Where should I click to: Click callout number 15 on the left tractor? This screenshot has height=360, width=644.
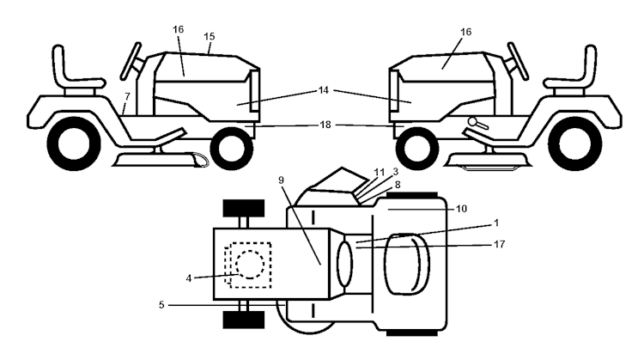click(209, 36)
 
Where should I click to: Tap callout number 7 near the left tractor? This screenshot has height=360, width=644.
click(127, 96)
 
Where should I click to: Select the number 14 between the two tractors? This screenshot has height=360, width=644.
click(324, 90)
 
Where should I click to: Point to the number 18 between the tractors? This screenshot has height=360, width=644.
click(325, 124)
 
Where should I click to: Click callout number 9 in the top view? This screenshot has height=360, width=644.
click(281, 180)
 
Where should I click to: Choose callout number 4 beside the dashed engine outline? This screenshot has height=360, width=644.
click(189, 278)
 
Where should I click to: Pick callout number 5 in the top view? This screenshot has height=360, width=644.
click(161, 305)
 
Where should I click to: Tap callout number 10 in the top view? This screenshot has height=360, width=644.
click(462, 209)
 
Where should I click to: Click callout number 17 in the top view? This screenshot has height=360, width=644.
click(499, 244)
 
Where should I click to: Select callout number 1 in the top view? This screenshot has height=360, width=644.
click(496, 223)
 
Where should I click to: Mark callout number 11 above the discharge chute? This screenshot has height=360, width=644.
click(379, 172)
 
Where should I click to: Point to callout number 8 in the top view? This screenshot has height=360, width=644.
click(398, 185)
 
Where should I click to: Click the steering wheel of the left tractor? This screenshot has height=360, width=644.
click(131, 61)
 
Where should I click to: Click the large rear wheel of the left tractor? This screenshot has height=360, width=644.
click(74, 143)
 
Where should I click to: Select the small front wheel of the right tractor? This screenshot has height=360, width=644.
click(416, 149)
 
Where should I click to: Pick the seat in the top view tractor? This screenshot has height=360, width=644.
click(407, 264)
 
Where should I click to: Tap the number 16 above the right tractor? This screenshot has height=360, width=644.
click(465, 32)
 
